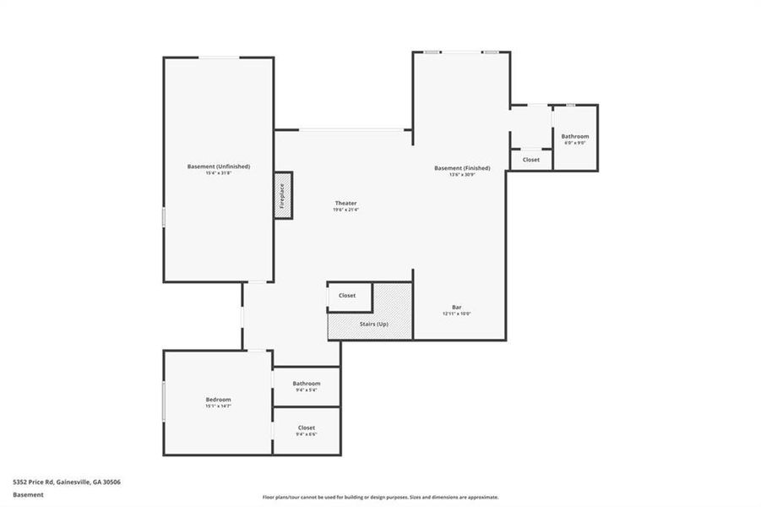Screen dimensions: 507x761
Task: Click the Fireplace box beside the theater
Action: [x=283, y=197]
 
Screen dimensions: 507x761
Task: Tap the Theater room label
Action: [x=345, y=203]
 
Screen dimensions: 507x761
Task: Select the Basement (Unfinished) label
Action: [x=218, y=166]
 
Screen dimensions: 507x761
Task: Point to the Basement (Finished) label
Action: [x=462, y=168]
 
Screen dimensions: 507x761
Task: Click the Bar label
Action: [x=456, y=307]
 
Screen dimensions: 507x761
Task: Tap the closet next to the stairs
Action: [x=347, y=296]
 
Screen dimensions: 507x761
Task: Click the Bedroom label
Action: [x=218, y=399]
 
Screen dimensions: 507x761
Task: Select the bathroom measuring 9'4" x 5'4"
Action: [x=307, y=384]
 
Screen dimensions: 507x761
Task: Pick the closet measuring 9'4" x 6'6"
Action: [x=307, y=428]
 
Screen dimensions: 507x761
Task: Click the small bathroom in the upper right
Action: [x=575, y=136]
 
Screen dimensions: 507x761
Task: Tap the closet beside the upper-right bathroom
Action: [x=530, y=160]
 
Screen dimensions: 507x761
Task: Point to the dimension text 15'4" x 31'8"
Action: [x=218, y=173]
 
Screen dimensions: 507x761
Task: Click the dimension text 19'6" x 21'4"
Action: [x=345, y=210]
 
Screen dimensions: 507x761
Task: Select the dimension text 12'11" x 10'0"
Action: [x=456, y=313]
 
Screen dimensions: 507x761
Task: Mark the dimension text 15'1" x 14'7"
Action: [x=218, y=406]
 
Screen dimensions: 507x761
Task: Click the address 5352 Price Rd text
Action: [x=66, y=482]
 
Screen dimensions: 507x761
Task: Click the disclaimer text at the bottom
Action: [x=380, y=498]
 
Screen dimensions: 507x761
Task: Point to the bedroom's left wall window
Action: [x=164, y=401]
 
